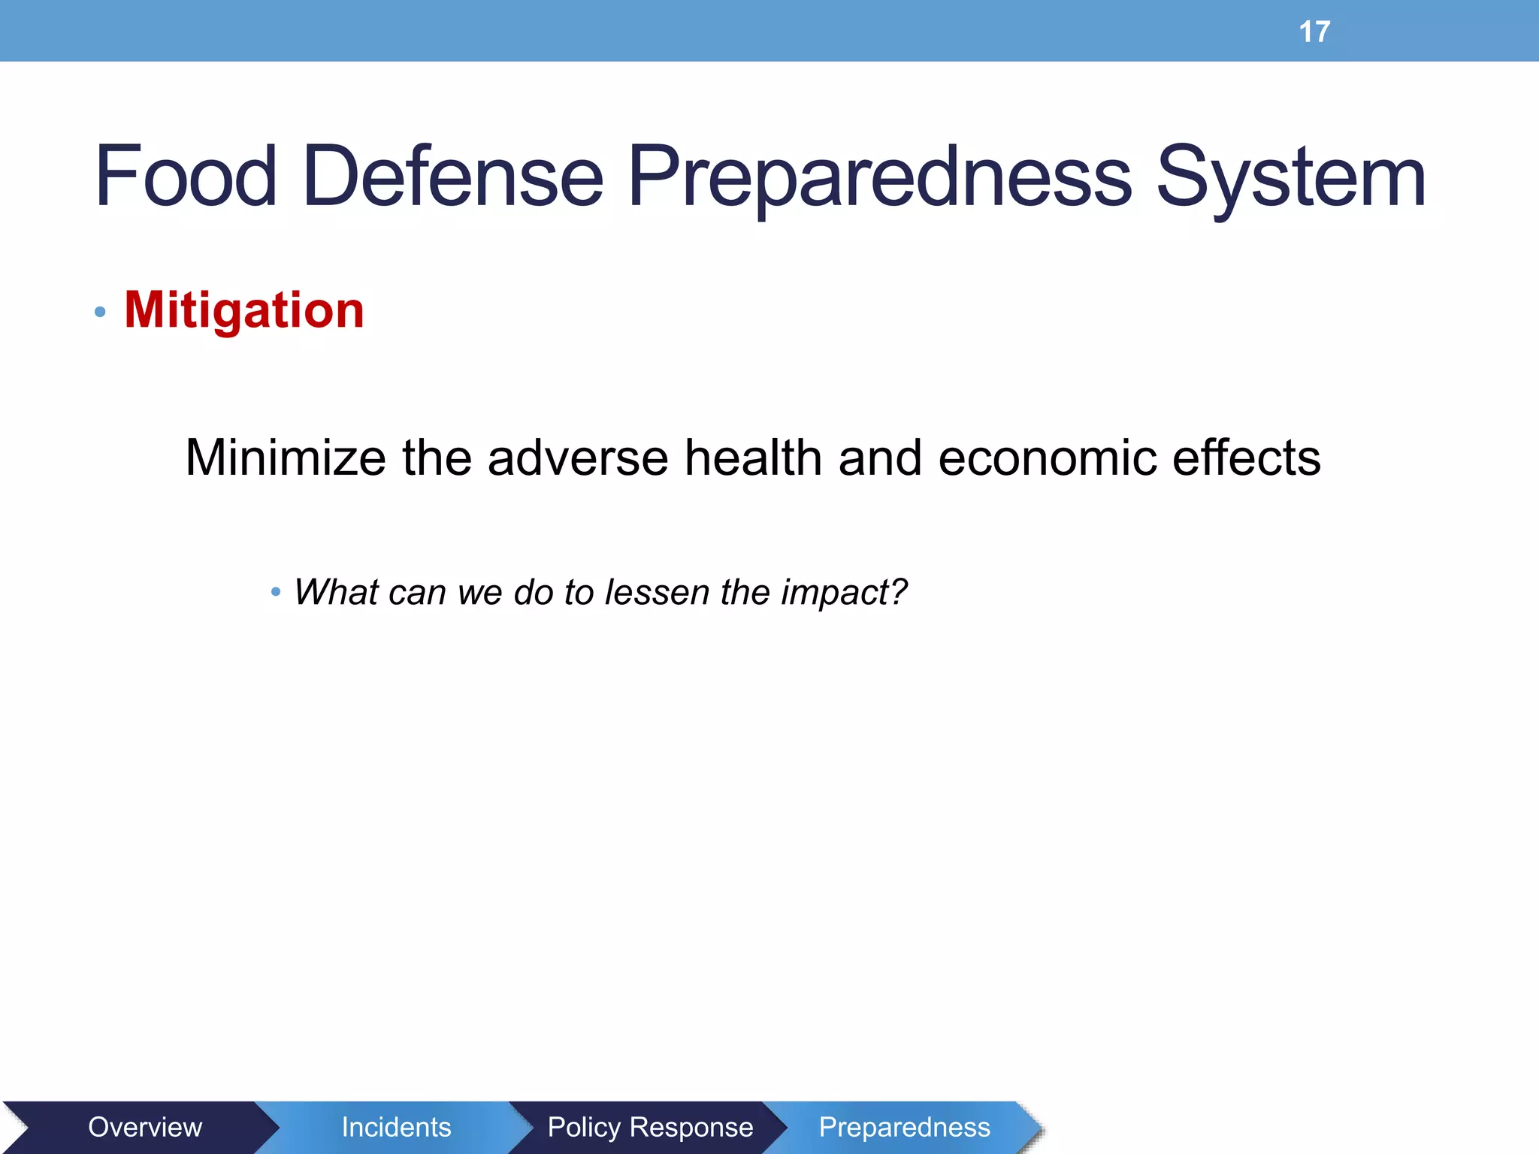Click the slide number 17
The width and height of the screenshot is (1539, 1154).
pos(1314,32)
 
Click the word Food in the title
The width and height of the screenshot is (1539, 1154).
pos(186,177)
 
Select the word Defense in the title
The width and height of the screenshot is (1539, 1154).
pos(452,177)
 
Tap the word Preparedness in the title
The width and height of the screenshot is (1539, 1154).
pos(879,177)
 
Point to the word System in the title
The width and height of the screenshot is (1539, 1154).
pos(1290,177)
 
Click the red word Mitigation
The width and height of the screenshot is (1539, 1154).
pos(244,310)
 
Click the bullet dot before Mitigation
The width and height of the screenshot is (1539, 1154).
pos(100,312)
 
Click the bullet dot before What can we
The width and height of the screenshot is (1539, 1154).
pos(276,593)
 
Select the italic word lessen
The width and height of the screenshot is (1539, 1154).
pos(657,592)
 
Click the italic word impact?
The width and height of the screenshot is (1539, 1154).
pos(844,592)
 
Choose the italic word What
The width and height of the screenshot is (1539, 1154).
pos(336,592)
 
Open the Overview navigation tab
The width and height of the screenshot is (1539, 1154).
pos(145,1127)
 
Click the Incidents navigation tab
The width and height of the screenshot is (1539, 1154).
pos(396,1127)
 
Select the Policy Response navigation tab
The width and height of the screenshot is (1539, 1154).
pos(650,1127)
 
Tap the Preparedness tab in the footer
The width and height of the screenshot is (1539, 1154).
pos(904,1127)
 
